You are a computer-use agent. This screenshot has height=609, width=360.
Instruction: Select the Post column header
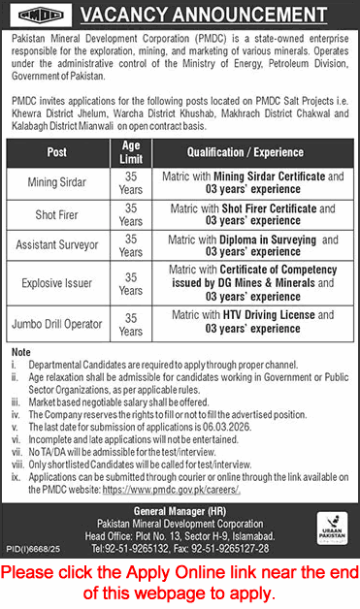pos(56,152)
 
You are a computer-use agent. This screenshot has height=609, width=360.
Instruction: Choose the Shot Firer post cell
pos(56,214)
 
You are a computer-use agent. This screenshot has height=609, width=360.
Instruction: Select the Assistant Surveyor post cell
pos(56,245)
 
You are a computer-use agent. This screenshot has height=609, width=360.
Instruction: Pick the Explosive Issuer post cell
pos(56,283)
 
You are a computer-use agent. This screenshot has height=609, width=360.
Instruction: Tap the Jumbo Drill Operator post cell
pos(56,322)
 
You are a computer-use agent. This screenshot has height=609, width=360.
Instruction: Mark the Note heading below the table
pos(20,350)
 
